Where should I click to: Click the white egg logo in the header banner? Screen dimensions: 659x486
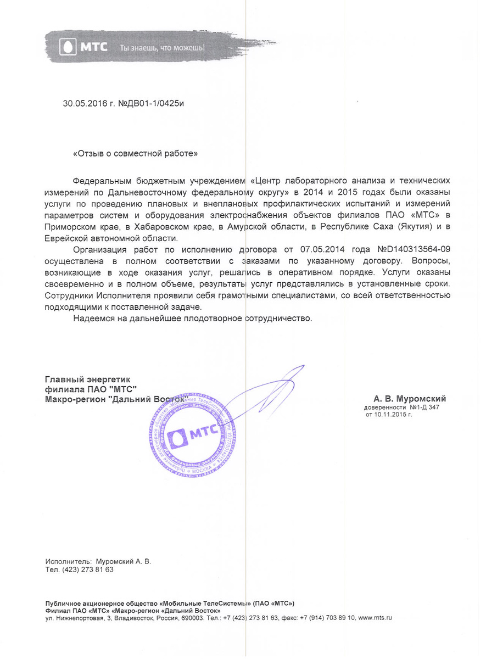[x=67, y=47]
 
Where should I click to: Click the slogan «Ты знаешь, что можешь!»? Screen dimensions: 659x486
[x=163, y=48]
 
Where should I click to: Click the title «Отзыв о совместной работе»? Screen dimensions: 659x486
[x=135, y=154]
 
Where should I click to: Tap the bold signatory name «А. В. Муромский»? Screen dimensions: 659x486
[x=410, y=399]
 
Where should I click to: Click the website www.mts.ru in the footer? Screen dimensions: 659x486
[x=375, y=618]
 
